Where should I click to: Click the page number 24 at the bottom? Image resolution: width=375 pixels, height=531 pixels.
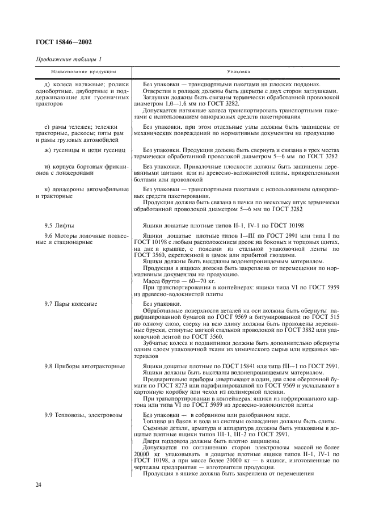point(39,484)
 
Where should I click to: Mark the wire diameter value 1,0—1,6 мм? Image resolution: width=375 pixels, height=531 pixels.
point(175,104)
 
